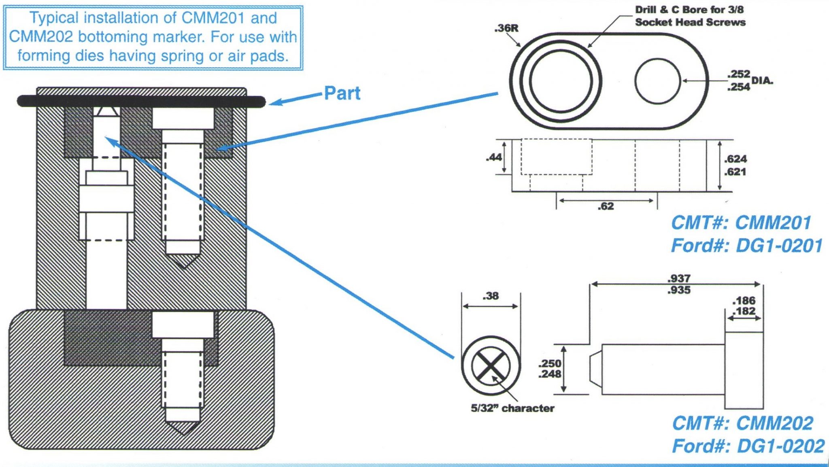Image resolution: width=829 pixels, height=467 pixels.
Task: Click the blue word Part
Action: click(342, 93)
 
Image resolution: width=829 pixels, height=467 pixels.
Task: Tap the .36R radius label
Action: click(506, 28)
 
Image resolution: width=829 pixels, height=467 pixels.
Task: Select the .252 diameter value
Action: click(738, 74)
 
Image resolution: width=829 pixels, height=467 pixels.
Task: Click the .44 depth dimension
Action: click(494, 157)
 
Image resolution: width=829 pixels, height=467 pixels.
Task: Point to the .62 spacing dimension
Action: click(606, 206)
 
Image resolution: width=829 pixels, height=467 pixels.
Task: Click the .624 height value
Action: click(735, 159)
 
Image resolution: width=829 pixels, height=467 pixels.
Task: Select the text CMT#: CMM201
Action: click(741, 223)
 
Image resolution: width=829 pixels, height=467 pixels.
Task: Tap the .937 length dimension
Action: click(679, 278)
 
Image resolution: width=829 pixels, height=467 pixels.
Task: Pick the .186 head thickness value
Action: click(744, 301)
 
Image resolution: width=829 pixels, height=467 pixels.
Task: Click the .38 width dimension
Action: click(491, 296)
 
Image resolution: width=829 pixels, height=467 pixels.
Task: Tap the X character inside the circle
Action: click(491, 366)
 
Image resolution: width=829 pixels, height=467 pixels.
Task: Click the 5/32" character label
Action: click(512, 408)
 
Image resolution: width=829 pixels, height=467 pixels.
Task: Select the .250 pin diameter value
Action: click(550, 363)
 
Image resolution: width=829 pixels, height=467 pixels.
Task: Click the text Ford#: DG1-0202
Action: click(748, 446)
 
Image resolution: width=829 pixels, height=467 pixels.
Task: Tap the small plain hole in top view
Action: click(657, 81)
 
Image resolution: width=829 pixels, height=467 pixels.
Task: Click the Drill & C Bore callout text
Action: click(690, 16)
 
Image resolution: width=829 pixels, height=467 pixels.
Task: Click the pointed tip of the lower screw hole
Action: click(183, 432)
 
